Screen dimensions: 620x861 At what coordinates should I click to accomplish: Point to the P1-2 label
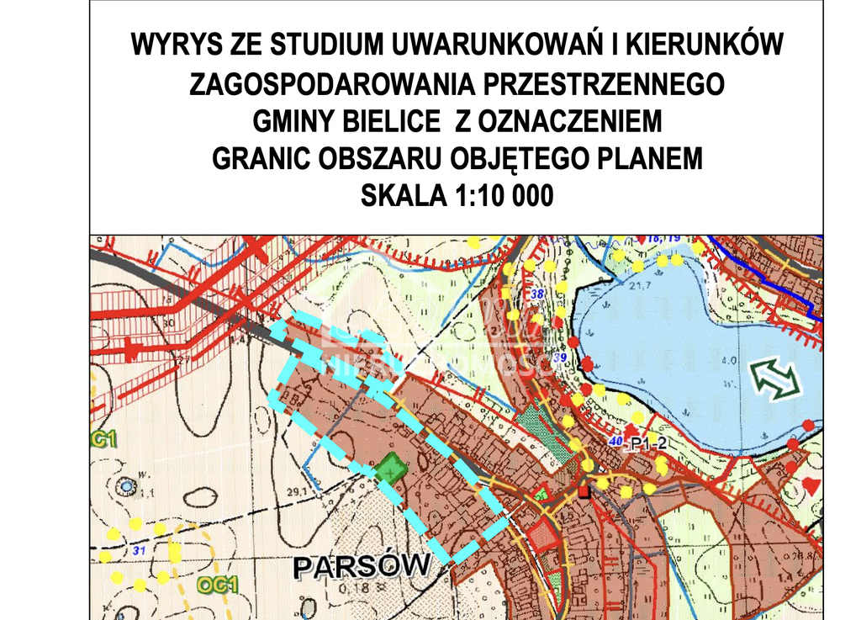click(x=648, y=444)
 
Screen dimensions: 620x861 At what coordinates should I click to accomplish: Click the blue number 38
click(x=538, y=294)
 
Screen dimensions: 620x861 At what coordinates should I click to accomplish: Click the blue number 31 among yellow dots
click(x=139, y=551)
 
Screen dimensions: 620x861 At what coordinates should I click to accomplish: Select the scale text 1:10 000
click(x=504, y=196)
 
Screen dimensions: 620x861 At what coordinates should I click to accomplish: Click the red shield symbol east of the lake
click(x=811, y=485)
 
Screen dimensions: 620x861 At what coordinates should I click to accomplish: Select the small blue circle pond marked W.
click(x=126, y=485)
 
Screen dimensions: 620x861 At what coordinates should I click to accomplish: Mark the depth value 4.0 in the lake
click(x=729, y=361)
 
